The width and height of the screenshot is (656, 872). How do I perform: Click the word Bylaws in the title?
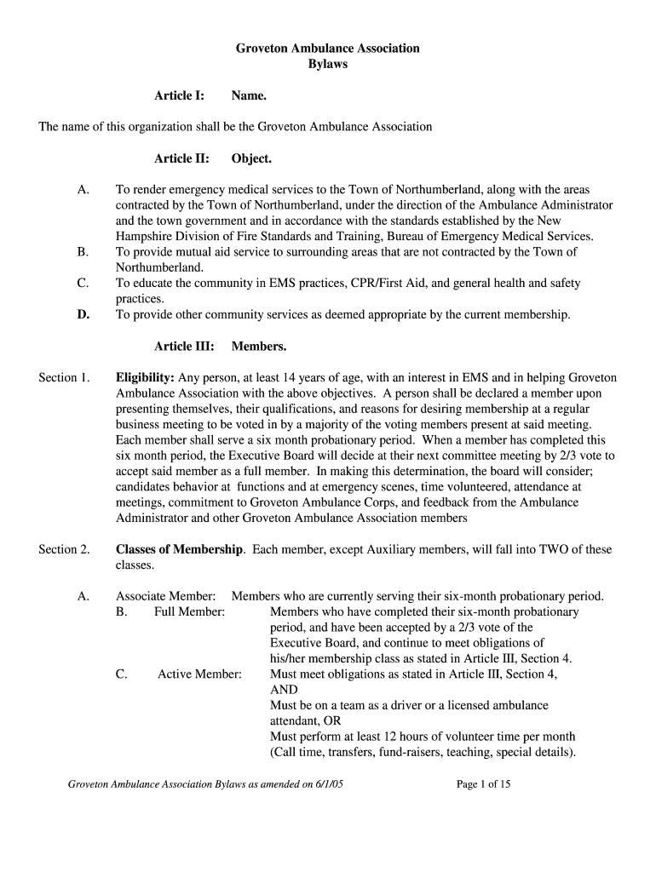[x=327, y=64]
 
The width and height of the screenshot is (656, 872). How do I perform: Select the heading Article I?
[x=179, y=96]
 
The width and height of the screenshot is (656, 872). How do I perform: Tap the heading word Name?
[x=249, y=96]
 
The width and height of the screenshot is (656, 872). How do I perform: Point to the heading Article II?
[x=181, y=158]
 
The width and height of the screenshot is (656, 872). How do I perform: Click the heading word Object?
[x=251, y=158]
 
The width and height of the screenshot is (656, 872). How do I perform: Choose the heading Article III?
[x=184, y=347]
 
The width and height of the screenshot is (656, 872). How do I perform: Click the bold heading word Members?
[x=259, y=347]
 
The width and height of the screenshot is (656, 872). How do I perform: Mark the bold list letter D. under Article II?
[x=83, y=315]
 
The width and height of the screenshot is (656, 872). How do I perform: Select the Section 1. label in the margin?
[x=64, y=377]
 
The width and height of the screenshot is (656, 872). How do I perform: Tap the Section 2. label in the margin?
[x=64, y=549]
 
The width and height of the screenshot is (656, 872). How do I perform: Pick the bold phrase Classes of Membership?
[x=180, y=549]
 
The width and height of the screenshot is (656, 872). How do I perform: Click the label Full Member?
[x=189, y=611]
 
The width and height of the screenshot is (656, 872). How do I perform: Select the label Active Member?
[x=199, y=674]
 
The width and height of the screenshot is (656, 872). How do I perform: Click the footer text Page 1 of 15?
[x=484, y=784]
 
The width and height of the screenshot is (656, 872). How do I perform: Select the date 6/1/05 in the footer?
[x=326, y=784]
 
